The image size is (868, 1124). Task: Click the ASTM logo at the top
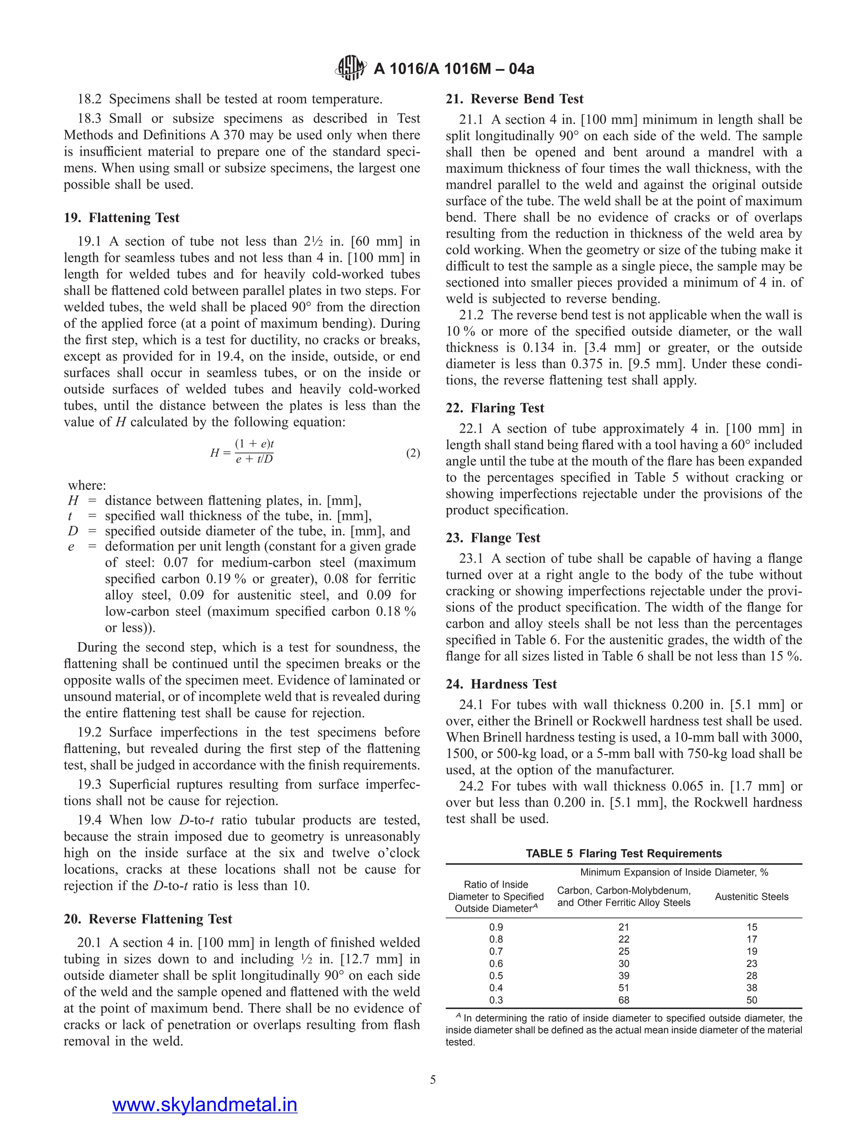coord(351,68)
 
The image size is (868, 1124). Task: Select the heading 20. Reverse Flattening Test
coord(147,919)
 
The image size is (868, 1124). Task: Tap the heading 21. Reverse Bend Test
coord(514,99)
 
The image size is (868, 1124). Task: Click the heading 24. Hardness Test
coord(514,684)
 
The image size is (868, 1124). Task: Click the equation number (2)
coord(413,453)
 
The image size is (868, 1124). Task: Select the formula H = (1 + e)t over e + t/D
coord(242,452)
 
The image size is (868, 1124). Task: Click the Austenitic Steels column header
coord(751,897)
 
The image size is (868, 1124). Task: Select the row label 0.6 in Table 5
coord(496,963)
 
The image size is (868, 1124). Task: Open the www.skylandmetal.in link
coord(205,1104)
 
